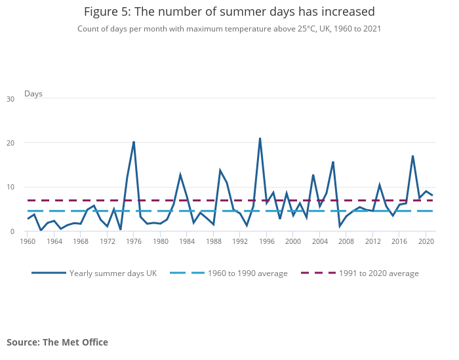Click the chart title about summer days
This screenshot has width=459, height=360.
coord(229,12)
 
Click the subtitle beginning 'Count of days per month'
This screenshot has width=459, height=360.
coord(229,29)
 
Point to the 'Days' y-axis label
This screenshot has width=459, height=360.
coord(33,94)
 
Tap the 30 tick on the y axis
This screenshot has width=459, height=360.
coord(10,99)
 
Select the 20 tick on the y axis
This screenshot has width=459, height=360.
coord(10,143)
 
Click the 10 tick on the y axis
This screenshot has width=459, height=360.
coord(10,188)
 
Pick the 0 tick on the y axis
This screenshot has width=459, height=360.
coord(12,231)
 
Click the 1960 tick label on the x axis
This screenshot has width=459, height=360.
coord(28,241)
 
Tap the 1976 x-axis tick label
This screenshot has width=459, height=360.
coord(134,241)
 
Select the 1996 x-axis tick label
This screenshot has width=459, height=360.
coord(267,241)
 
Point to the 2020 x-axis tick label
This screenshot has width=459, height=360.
coord(426,241)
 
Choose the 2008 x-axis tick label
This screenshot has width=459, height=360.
coord(346,241)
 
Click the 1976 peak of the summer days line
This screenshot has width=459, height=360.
coord(134,142)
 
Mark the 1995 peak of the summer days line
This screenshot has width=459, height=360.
coord(260,138)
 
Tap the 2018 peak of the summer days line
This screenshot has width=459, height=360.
coord(412,156)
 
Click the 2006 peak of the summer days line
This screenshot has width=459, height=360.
coord(333,162)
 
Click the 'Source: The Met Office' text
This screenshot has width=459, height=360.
coord(57,342)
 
